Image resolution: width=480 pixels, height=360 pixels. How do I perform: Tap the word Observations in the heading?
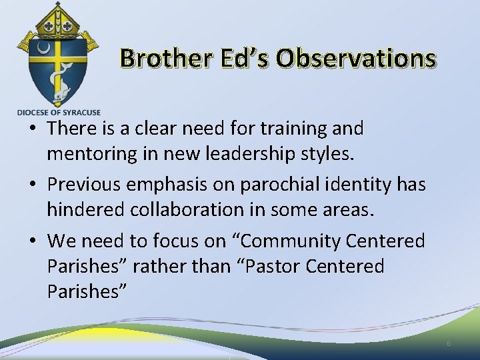pyautogui.click(x=356, y=59)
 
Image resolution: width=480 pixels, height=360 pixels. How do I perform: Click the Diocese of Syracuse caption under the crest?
pyautogui.click(x=59, y=112)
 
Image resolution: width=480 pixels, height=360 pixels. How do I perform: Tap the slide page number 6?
pyautogui.click(x=449, y=343)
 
